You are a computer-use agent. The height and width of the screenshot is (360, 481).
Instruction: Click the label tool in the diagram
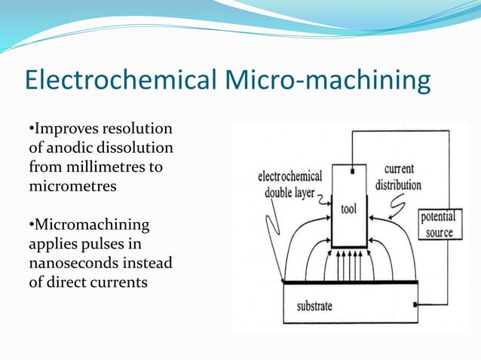click(x=348, y=208)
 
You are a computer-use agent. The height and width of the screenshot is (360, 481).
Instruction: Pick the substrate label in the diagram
click(x=313, y=306)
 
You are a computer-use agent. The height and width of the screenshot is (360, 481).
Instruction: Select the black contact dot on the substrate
click(x=415, y=305)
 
